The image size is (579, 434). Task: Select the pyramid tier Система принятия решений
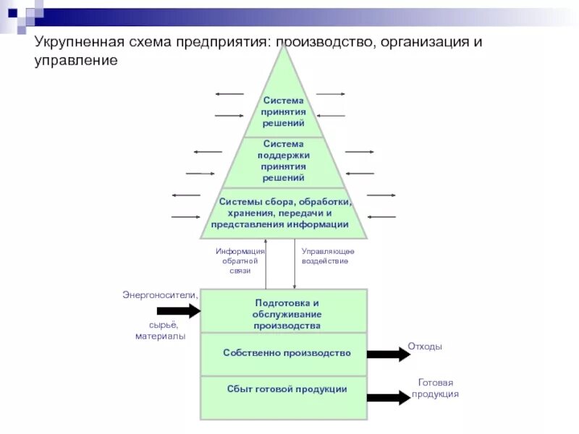pyautogui.click(x=283, y=112)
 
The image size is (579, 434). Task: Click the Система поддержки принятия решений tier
pyautogui.click(x=283, y=161)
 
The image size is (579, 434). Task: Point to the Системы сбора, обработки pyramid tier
pyautogui.click(x=283, y=213)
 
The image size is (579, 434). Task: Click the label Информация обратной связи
pyautogui.click(x=240, y=260)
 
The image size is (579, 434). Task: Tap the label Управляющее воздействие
pyautogui.click(x=327, y=255)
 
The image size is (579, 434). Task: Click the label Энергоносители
pyautogui.click(x=159, y=294)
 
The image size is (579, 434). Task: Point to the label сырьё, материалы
pyautogui.click(x=160, y=331)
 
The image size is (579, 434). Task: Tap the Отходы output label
pyautogui.click(x=425, y=347)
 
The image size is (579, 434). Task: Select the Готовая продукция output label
pyautogui.click(x=435, y=388)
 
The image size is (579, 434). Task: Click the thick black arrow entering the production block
pyautogui.click(x=178, y=311)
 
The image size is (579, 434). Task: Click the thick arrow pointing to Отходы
pyautogui.click(x=388, y=354)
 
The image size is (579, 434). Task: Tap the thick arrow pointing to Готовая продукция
pyautogui.click(x=388, y=397)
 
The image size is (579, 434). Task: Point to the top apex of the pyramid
pyautogui.click(x=283, y=47)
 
